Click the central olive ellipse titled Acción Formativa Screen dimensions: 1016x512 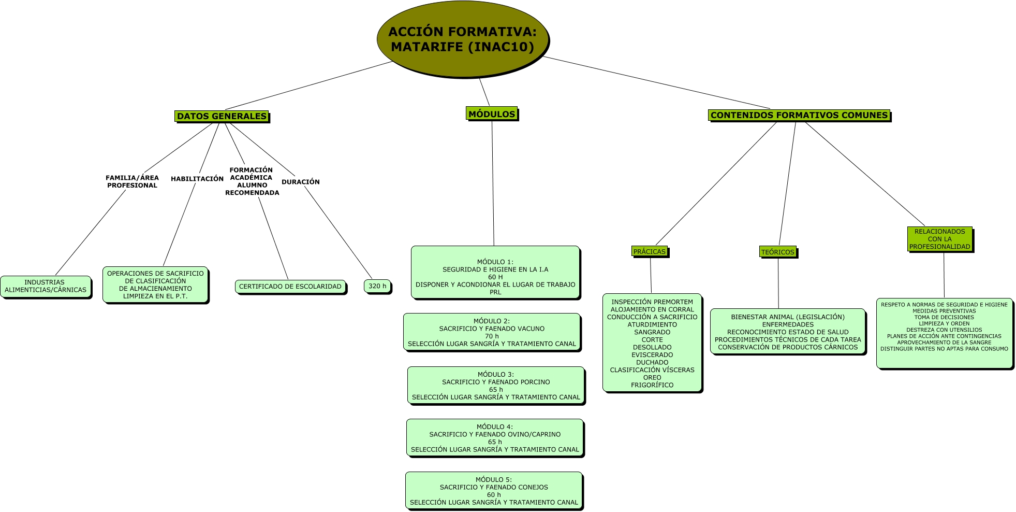coord(463,39)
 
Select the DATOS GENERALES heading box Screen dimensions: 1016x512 coord(222,116)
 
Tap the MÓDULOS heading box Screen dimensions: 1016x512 coord(492,114)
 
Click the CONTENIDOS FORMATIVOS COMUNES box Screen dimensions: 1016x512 coord(799,115)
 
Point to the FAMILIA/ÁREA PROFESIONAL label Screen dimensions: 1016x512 coord(132,181)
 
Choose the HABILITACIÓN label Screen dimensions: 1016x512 coord(197,179)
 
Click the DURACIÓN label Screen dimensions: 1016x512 coord(301,182)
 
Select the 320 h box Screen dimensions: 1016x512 coord(378,287)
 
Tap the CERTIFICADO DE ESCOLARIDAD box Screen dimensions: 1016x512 coord(290,287)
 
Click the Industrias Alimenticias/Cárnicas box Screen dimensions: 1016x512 coord(46,287)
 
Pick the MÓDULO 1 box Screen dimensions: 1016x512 coord(495,273)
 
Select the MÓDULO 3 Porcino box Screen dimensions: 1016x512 coord(496,386)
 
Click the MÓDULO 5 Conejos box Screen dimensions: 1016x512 coord(494,491)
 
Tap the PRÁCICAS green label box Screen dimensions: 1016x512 coord(650,251)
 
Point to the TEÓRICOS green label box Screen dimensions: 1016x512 coord(777,252)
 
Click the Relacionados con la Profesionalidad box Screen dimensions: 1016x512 coord(940,239)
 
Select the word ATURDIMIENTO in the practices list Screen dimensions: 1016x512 coord(652,325)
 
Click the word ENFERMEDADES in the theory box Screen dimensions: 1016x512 coord(788,325)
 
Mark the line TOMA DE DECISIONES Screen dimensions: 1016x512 coord(944,317)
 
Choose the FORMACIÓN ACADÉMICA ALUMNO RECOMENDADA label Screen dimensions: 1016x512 coord(252,181)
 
